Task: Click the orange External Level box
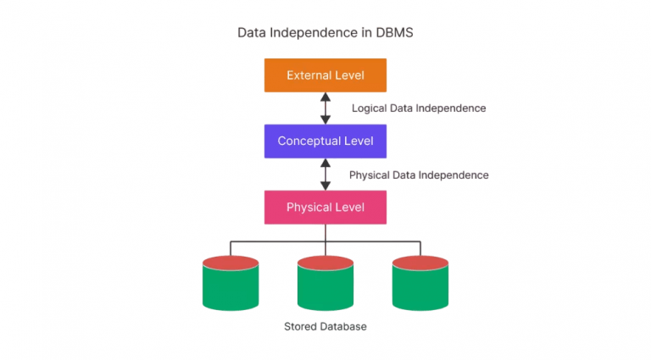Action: tap(325, 75)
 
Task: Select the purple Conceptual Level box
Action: tap(325, 141)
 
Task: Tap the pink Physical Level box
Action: tap(325, 207)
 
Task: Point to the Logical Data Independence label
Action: tap(419, 108)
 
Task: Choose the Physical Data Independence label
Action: tap(419, 174)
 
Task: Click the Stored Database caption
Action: tap(325, 326)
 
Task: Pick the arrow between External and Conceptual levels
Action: tap(325, 108)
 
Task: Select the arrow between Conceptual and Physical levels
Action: tap(325, 174)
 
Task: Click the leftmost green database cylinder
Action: tap(231, 286)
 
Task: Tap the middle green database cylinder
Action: tap(325, 286)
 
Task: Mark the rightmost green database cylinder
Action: tap(420, 286)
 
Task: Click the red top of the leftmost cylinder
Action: tap(231, 263)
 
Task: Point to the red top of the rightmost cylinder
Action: tap(420, 263)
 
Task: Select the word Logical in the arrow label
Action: tap(370, 108)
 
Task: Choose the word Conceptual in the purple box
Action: tap(309, 141)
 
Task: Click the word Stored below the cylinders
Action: tap(299, 326)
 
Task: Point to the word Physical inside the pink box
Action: tap(310, 207)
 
